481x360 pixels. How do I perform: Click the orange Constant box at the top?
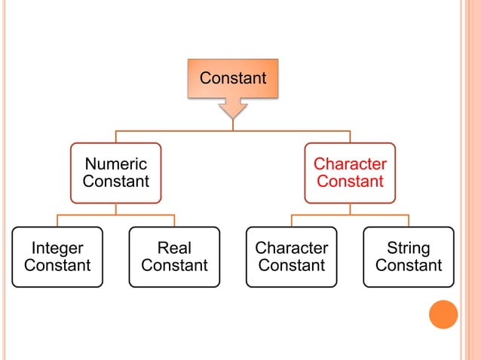click(232, 78)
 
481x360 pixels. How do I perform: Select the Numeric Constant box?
click(115, 172)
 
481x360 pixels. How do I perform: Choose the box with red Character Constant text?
click(350, 172)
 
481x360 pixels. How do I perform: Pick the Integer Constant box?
click(57, 257)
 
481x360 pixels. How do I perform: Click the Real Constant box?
click(174, 257)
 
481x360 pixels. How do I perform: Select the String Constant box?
click(408, 257)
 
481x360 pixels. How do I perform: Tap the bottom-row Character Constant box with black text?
click(291, 257)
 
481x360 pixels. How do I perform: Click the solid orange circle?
click(443, 314)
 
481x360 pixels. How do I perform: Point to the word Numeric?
click(115, 164)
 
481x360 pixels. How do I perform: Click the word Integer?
click(57, 248)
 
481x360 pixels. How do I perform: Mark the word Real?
click(174, 248)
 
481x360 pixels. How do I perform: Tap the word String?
click(408, 248)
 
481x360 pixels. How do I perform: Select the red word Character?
click(350, 164)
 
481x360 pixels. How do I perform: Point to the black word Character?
click(291, 248)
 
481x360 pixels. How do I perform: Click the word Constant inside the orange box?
click(232, 78)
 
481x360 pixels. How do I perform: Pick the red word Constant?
click(350, 182)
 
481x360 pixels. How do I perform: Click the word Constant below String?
click(408, 266)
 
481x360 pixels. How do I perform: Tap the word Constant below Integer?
click(57, 266)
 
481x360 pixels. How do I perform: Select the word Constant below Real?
click(174, 266)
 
